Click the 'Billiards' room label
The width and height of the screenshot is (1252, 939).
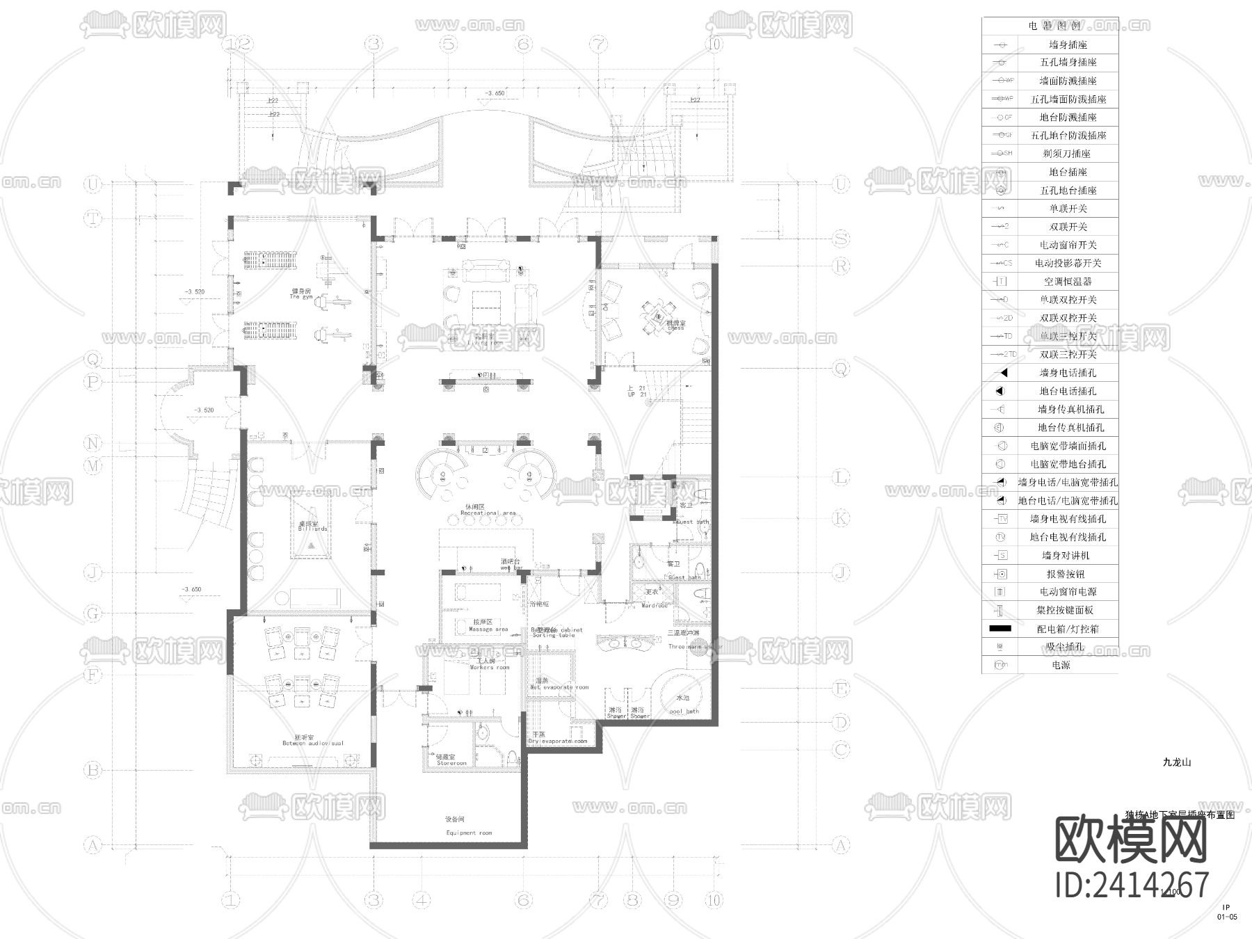pyautogui.click(x=312, y=529)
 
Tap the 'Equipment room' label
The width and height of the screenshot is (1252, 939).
pyautogui.click(x=469, y=833)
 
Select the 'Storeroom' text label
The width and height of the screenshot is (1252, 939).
pyautogui.click(x=451, y=763)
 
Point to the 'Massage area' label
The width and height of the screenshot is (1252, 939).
pyautogui.click(x=488, y=629)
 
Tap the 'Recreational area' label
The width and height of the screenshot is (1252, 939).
pyautogui.click(x=488, y=513)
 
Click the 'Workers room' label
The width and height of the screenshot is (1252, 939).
pyautogui.click(x=490, y=667)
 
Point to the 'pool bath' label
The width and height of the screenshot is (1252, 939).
pyautogui.click(x=684, y=711)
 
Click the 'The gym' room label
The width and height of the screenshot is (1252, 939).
pyautogui.click(x=300, y=297)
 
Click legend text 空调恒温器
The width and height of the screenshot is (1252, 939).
pyautogui.click(x=1068, y=282)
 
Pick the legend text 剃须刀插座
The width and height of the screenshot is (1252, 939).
pyautogui.click(x=1066, y=154)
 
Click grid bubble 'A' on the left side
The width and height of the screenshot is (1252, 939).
pyautogui.click(x=93, y=846)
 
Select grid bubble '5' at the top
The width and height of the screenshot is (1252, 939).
pyautogui.click(x=449, y=45)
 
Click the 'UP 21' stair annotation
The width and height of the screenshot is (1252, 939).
pyautogui.click(x=637, y=394)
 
